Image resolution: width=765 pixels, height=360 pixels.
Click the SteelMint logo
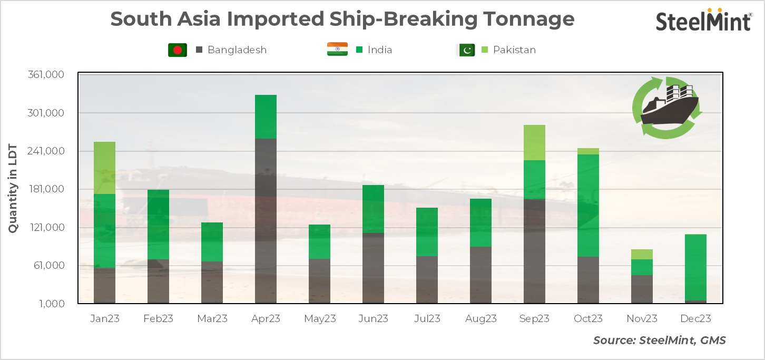703,21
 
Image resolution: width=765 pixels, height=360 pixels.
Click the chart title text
342,20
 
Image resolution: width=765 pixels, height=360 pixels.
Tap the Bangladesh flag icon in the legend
178,50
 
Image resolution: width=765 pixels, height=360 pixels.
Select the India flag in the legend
337,50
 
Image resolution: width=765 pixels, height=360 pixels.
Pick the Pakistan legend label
514,50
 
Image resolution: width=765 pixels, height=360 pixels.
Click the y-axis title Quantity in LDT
13,189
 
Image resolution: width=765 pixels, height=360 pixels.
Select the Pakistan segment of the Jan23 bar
104,168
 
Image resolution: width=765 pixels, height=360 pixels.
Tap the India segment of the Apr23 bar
266,116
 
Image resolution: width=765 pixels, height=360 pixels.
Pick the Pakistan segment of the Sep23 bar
534,142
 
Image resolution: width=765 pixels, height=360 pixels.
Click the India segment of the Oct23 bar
588,205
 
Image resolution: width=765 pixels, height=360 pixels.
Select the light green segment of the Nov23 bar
642,254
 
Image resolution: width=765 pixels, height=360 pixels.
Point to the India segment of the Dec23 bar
695,267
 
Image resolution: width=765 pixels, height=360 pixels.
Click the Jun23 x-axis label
373,319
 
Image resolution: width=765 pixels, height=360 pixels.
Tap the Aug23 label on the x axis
480,319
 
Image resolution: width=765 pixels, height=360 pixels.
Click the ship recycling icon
667,107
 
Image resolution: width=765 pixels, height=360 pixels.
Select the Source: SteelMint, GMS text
659,340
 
